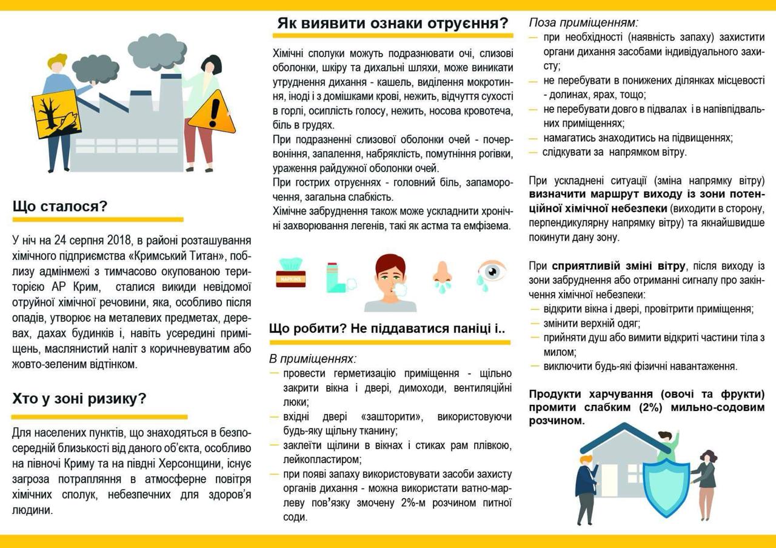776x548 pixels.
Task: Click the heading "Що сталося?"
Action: (x=59, y=206)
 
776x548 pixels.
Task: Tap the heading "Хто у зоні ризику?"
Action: (x=79, y=399)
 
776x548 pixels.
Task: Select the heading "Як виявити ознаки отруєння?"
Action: (x=393, y=24)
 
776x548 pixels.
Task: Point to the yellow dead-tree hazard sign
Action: (x=56, y=113)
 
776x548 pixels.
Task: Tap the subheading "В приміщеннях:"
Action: (x=313, y=358)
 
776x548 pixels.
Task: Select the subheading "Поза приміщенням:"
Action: (x=583, y=23)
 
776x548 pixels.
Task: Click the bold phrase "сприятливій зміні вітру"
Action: (x=619, y=266)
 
